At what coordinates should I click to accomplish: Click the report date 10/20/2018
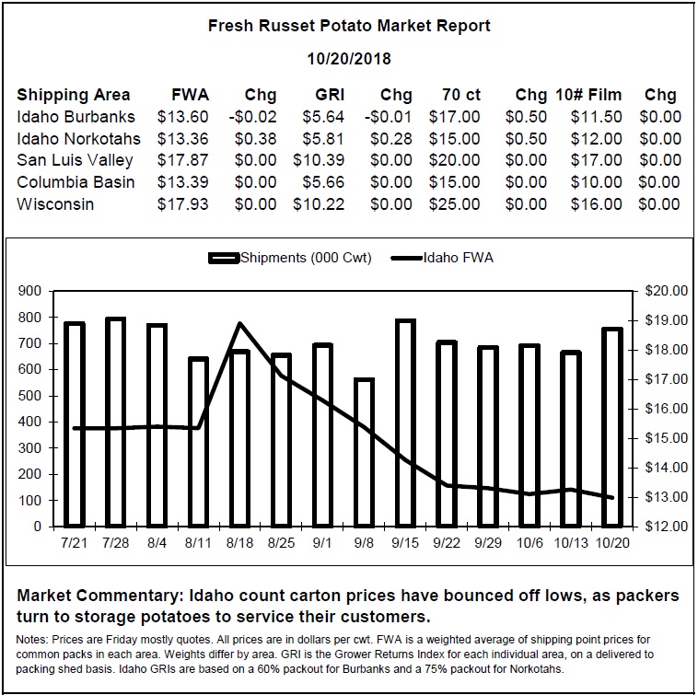click(x=349, y=58)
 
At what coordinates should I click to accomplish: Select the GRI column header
click(x=330, y=95)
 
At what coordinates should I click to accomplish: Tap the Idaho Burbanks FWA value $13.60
click(x=182, y=117)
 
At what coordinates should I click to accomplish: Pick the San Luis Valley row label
click(x=75, y=160)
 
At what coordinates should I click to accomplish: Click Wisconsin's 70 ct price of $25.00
click(x=455, y=204)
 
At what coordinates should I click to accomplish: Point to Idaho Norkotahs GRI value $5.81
click(x=323, y=139)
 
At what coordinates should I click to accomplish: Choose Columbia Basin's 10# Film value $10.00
click(x=596, y=182)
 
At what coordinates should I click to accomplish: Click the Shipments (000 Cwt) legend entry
click(x=290, y=258)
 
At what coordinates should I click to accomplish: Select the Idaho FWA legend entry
click(x=442, y=258)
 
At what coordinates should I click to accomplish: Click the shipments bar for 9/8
click(x=364, y=453)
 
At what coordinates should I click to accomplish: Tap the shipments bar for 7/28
click(x=115, y=423)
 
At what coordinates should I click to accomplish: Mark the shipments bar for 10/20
click(x=612, y=428)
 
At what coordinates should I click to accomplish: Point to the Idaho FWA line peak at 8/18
click(x=240, y=323)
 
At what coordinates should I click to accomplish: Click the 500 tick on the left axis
click(x=29, y=396)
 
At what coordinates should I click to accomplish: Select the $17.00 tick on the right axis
click(x=667, y=379)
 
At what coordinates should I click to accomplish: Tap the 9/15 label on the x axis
click(x=405, y=543)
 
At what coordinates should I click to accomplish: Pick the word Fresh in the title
click(x=230, y=26)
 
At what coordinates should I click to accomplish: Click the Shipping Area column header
click(x=74, y=95)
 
